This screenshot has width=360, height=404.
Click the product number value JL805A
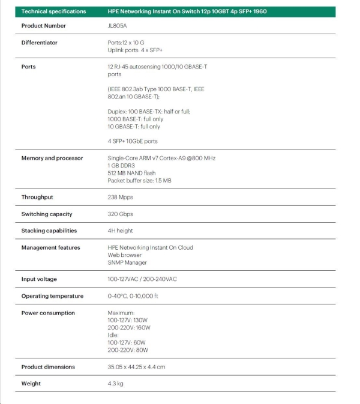[117, 26]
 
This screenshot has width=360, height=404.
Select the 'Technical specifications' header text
[53, 11]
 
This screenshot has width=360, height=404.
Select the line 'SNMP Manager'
[127, 262]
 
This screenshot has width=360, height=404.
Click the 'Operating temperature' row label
[52, 296]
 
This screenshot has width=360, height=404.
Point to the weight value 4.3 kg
[116, 383]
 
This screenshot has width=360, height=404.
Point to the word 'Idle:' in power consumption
[113, 335]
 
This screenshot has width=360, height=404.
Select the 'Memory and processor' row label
[52, 158]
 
